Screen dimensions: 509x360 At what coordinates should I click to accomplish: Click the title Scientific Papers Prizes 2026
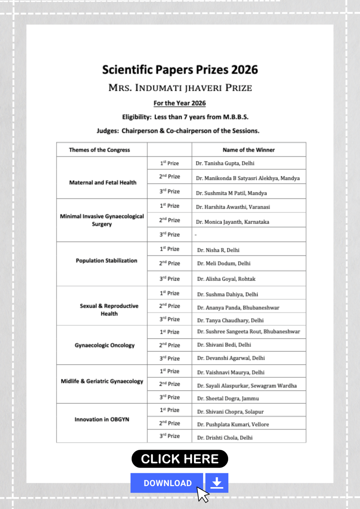180,70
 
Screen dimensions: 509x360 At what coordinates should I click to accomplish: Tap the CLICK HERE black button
180,459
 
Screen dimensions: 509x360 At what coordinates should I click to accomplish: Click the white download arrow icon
217,483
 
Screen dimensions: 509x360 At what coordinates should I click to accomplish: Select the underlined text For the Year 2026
180,103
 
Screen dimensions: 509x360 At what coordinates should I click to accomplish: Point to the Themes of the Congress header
99,150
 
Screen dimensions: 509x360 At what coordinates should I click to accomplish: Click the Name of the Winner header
249,150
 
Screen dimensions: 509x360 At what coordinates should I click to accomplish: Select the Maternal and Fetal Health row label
103,183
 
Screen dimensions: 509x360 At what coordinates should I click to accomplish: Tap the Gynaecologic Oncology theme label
105,345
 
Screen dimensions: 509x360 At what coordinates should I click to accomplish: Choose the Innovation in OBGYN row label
102,420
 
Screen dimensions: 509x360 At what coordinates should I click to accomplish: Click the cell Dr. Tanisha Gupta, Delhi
225,163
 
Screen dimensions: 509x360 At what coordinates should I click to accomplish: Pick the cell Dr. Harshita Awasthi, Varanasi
233,207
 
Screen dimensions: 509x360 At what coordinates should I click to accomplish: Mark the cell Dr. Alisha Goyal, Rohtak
226,279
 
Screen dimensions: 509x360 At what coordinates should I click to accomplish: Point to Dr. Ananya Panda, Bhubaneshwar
238,308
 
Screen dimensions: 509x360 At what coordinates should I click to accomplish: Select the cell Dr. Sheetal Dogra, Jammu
228,399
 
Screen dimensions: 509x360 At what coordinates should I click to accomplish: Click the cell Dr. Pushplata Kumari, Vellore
233,424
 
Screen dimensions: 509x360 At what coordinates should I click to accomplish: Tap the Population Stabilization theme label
106,261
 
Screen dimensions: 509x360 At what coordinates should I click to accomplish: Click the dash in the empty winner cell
196,235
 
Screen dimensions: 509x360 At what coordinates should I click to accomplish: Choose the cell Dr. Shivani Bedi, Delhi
224,345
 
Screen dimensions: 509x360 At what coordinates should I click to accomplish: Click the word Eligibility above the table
137,117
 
